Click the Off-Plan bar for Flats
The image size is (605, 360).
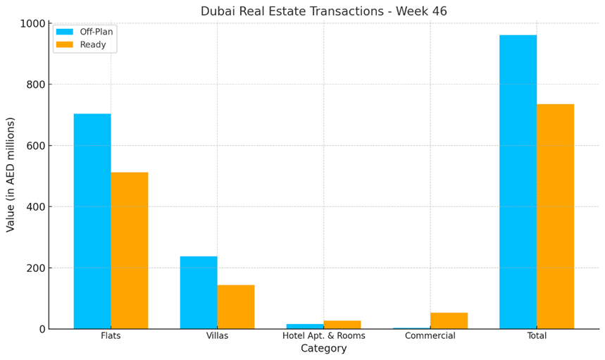click(x=92, y=221)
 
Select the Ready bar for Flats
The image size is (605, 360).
click(x=130, y=250)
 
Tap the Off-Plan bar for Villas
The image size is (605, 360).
click(x=199, y=292)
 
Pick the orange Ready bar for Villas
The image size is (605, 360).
click(x=236, y=306)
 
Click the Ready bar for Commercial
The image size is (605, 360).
click(x=449, y=321)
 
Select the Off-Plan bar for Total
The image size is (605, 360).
click(x=518, y=182)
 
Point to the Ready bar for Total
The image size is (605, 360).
click(x=555, y=216)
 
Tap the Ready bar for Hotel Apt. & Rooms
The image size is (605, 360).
click(x=342, y=325)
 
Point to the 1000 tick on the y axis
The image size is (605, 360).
click(x=32, y=23)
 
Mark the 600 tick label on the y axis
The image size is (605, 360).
click(x=36, y=146)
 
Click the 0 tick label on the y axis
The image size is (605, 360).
click(x=42, y=329)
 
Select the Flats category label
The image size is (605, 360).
click(x=111, y=336)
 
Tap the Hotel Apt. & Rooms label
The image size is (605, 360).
click(x=324, y=336)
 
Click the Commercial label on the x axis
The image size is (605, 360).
click(x=430, y=336)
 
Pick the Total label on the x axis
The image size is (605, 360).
click(x=537, y=336)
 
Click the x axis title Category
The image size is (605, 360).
click(x=324, y=349)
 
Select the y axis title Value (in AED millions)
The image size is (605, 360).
click(x=11, y=175)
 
